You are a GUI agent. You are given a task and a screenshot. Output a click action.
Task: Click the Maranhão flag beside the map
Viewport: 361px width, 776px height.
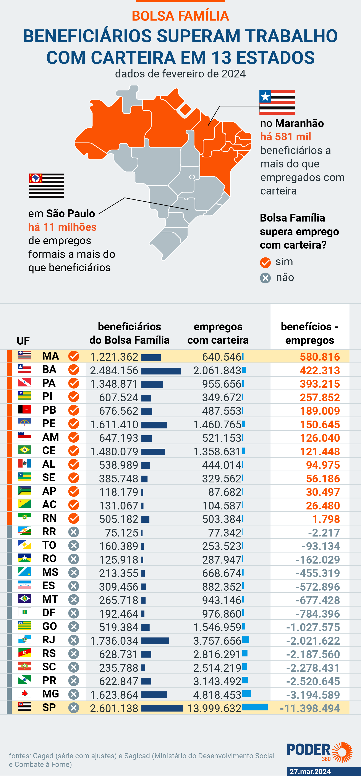pyautogui.click(x=277, y=102)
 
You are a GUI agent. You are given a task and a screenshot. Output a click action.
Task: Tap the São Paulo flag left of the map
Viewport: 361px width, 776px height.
pyautogui.click(x=46, y=186)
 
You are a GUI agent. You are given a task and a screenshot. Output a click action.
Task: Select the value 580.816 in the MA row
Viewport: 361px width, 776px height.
pyautogui.click(x=320, y=357)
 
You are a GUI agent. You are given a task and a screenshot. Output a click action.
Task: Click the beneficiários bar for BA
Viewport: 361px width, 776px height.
pyautogui.click(x=161, y=371)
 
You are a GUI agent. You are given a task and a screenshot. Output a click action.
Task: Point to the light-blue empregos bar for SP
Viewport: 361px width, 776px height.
pyautogui.click(x=255, y=707)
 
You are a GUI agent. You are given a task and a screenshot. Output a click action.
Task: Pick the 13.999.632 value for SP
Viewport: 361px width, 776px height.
pyautogui.click(x=214, y=708)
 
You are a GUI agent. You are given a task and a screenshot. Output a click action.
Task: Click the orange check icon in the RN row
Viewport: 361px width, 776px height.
pyautogui.click(x=74, y=518)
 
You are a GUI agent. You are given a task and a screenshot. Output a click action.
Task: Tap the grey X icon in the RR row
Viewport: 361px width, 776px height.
pyautogui.click(x=74, y=532)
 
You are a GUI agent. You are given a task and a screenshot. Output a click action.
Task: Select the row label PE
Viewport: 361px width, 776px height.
pyautogui.click(x=49, y=424)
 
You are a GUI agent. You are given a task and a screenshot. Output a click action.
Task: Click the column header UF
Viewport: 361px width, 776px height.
pyautogui.click(x=23, y=341)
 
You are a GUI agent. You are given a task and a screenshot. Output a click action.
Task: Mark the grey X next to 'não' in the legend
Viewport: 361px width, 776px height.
pyautogui.click(x=265, y=278)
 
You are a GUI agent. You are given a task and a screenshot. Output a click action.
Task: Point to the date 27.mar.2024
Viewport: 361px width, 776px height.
pyautogui.click(x=310, y=771)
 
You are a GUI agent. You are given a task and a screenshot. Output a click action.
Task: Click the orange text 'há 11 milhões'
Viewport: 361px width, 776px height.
pyautogui.click(x=62, y=227)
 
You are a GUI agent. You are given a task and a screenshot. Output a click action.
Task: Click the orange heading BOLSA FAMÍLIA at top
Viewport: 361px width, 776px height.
pyautogui.click(x=180, y=16)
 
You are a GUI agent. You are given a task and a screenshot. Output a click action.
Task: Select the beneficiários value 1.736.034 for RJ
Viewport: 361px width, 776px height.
pyautogui.click(x=114, y=641)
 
